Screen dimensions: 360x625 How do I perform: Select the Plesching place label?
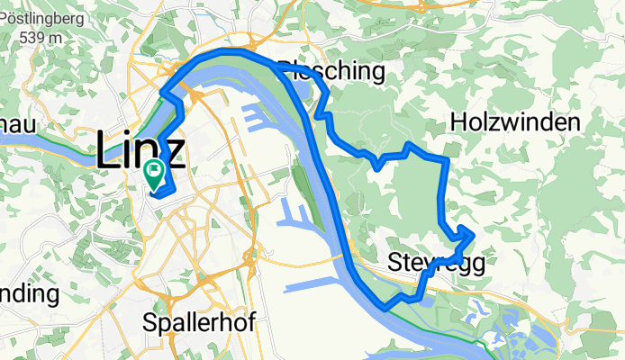point(333,71)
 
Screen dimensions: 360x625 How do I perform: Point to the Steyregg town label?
point(437,263)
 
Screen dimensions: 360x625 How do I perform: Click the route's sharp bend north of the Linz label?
point(163,92)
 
